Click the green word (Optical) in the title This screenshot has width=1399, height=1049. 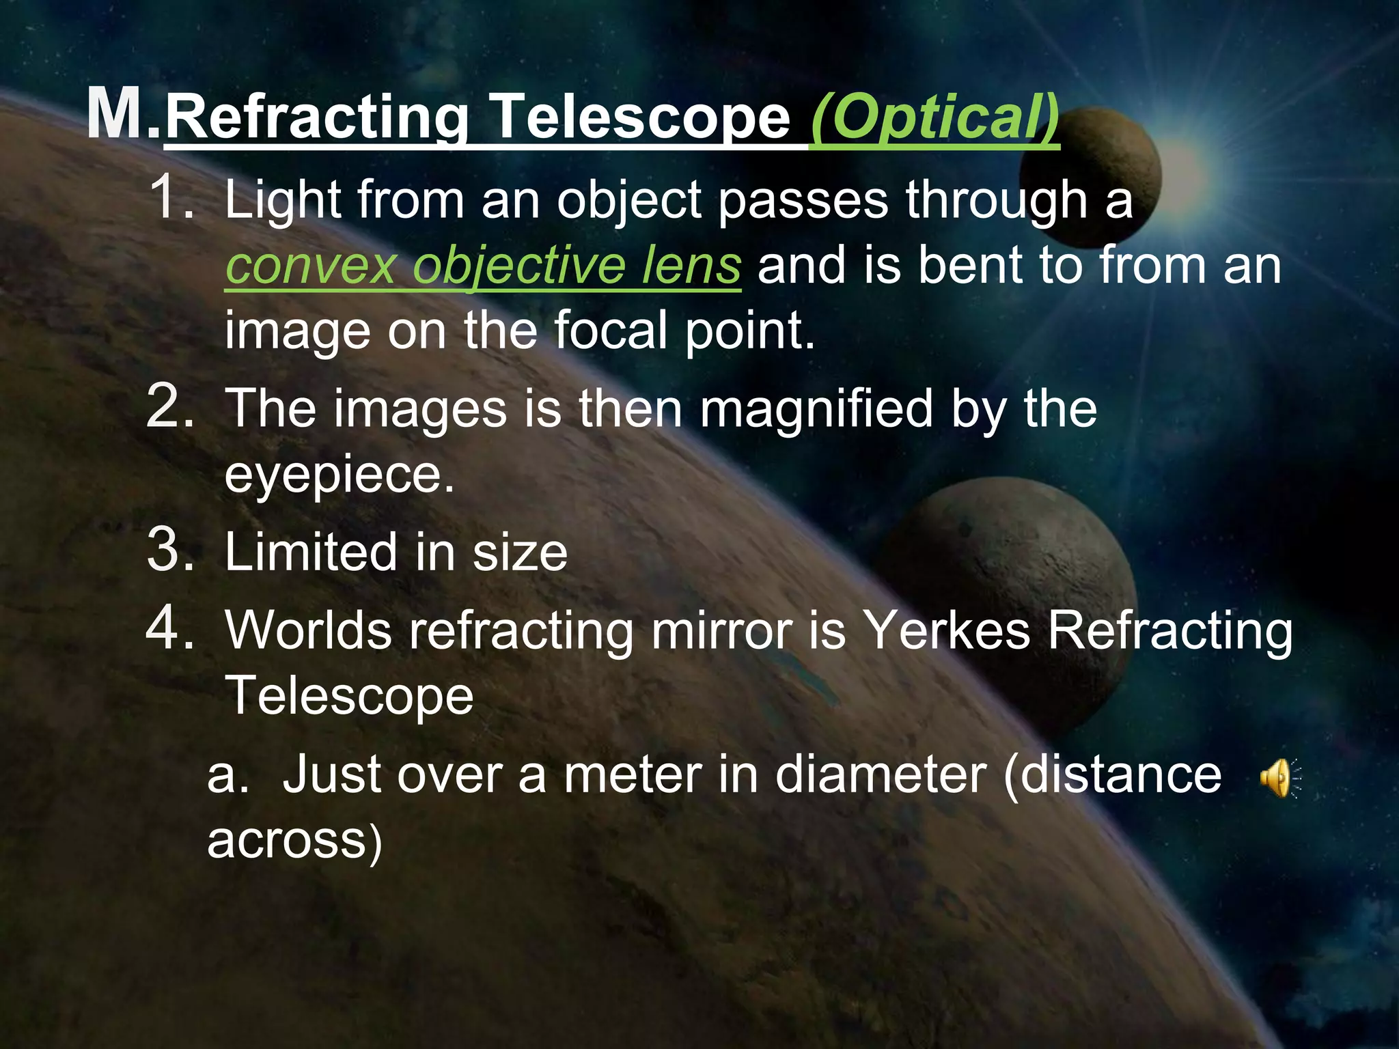934,117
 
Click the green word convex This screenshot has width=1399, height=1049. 311,266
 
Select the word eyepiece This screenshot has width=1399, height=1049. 339,475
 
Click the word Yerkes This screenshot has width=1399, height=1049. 947,630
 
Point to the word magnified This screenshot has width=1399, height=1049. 816,409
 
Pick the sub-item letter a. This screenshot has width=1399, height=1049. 227,776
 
